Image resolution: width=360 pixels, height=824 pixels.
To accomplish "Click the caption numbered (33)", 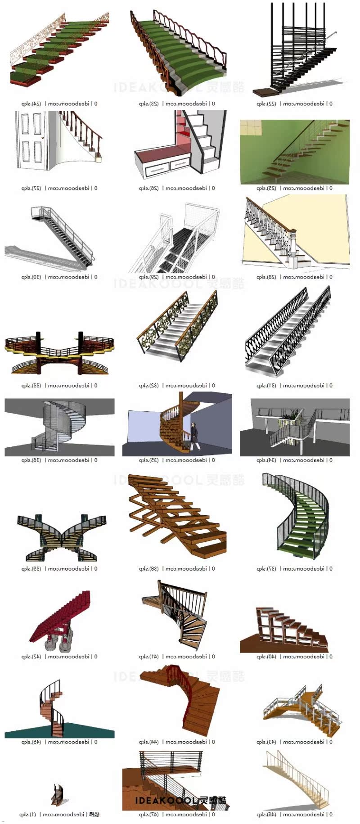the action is [x=59, y=386].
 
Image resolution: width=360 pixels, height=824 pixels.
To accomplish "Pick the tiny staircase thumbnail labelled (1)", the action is [x=57, y=795].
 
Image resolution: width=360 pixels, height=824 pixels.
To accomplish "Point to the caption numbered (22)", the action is [x=294, y=104].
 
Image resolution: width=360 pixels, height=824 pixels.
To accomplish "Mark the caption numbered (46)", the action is [x=294, y=815].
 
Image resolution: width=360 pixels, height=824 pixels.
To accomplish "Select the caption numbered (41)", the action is [x=177, y=657].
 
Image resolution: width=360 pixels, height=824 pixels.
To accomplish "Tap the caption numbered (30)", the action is [x=59, y=277].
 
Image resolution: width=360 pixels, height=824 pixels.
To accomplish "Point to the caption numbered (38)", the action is [x=177, y=569].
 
